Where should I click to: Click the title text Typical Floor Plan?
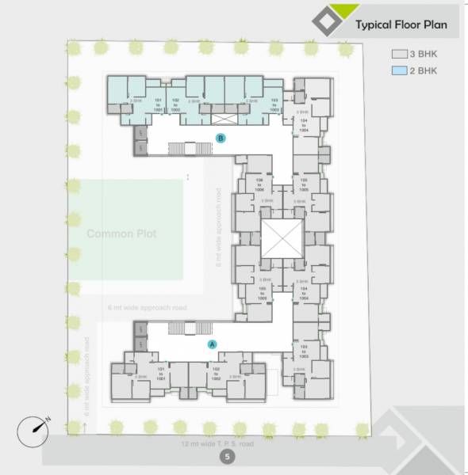pos(401,25)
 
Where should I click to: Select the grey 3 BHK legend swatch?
pos(400,55)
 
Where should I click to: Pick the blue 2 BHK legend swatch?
pos(400,71)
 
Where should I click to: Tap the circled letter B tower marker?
pos(222,138)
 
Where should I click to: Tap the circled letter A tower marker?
pos(212,344)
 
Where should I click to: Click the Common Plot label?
pos(121,234)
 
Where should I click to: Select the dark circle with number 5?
pos(228,458)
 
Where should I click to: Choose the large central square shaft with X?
pos(282,238)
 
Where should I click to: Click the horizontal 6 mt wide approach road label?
pos(147,306)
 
